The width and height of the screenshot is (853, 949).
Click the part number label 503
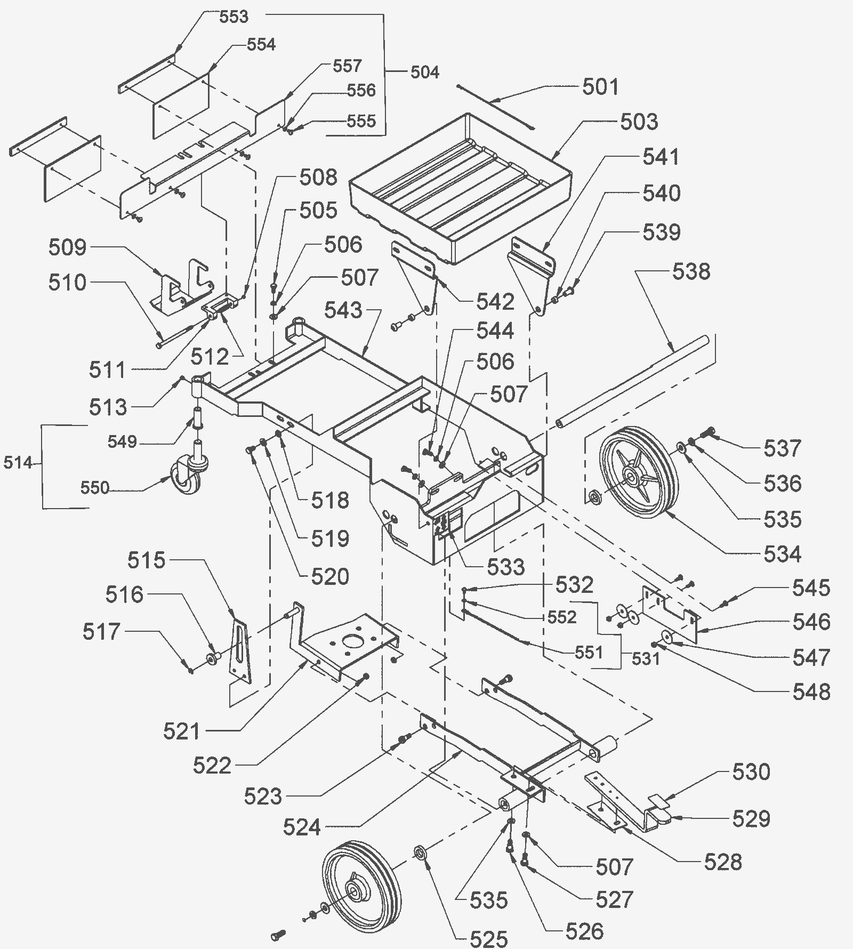pos(639,122)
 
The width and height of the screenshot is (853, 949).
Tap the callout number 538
pos(691,271)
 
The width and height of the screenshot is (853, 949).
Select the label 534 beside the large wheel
pos(782,554)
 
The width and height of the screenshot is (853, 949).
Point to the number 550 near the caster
pos(94,487)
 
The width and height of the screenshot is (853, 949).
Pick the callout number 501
pos(600,87)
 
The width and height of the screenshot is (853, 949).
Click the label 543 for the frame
pos(343,310)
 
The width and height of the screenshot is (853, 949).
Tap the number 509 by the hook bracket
pos(67,247)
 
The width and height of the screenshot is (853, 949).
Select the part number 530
pos(751,771)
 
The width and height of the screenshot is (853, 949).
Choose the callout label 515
pos(146,560)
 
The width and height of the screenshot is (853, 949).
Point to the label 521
pos(182,731)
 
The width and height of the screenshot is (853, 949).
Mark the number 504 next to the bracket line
pos(424,72)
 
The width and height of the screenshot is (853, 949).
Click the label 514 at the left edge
pos(18,463)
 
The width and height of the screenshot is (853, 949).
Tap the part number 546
pos(811,622)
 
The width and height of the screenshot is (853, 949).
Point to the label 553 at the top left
pos(234,17)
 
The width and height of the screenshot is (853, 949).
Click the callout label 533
pos(505,567)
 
